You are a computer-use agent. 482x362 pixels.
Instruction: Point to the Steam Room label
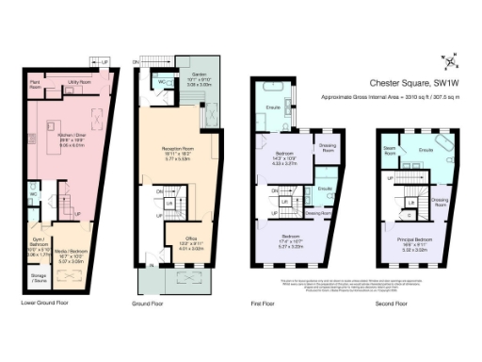(389, 148)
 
